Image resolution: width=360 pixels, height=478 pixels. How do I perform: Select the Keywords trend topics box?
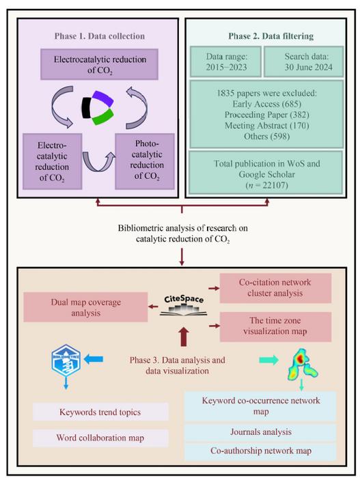point(101,412)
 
